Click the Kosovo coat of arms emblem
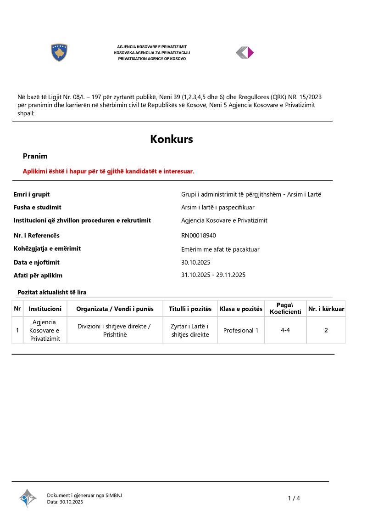pos(59,53)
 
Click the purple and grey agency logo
pos(245,53)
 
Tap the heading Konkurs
pos(172,139)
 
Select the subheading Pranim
pos(35,156)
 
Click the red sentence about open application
pos(109,171)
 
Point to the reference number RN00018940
pos(199,236)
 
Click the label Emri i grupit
pos(32,194)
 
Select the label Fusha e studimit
pos(38,207)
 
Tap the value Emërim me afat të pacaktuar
pos(221,249)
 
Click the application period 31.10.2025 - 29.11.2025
pos(213,275)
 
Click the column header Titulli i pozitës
pos(190,309)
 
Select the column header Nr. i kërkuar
pos(326,309)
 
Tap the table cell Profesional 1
pos(241,330)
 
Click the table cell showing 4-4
pos(285,330)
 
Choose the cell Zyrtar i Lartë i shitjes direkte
pos(190,330)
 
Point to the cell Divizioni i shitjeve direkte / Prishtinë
pos(114,330)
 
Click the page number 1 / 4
pos(294,498)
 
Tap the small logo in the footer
pos(28,498)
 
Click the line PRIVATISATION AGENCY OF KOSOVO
pos(152,59)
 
